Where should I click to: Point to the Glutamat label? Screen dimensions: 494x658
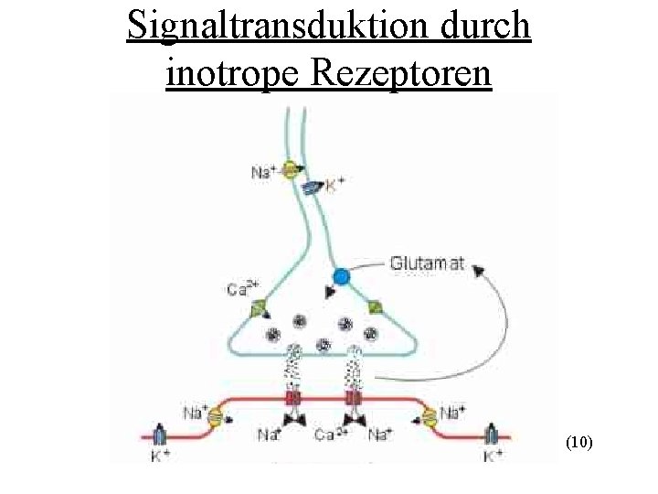tap(427, 263)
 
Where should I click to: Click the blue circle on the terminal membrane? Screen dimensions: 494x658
tap(342, 276)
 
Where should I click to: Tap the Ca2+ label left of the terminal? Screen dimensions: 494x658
tap(240, 290)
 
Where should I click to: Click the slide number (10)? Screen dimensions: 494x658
tap(579, 443)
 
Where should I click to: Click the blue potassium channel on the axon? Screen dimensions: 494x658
tap(313, 187)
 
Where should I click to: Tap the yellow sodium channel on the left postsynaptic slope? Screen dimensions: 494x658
tap(216, 417)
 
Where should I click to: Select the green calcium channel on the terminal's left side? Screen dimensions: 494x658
tap(258, 308)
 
